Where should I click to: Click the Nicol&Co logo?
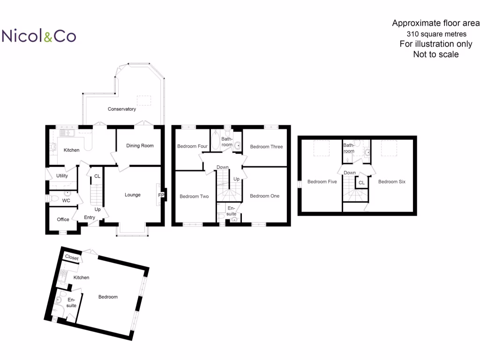pyautogui.click(x=39, y=36)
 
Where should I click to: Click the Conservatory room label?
pyautogui.click(x=122, y=109)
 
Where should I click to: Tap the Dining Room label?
pyautogui.click(x=140, y=146)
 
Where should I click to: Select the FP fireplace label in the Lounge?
pyautogui.click(x=161, y=195)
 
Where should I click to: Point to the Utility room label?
pyautogui.click(x=62, y=176)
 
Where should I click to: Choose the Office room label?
pyautogui.click(x=63, y=219)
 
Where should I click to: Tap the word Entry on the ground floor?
pyautogui.click(x=90, y=217)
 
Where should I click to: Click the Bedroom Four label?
pyautogui.click(x=192, y=146)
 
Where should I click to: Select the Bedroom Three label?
pyautogui.click(x=266, y=147)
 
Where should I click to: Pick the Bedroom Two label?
pyautogui.click(x=194, y=196)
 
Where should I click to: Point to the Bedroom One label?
pyautogui.click(x=264, y=196)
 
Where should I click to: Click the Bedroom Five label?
pyautogui.click(x=322, y=181)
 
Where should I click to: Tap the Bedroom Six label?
pyautogui.click(x=392, y=181)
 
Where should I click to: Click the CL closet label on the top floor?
pyautogui.click(x=361, y=183)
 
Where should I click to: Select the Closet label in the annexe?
pyautogui.click(x=72, y=258)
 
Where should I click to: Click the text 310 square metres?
pyautogui.click(x=436, y=34)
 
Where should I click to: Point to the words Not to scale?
pyautogui.click(x=436, y=54)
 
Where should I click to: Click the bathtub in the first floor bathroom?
pyautogui.click(x=216, y=140)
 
